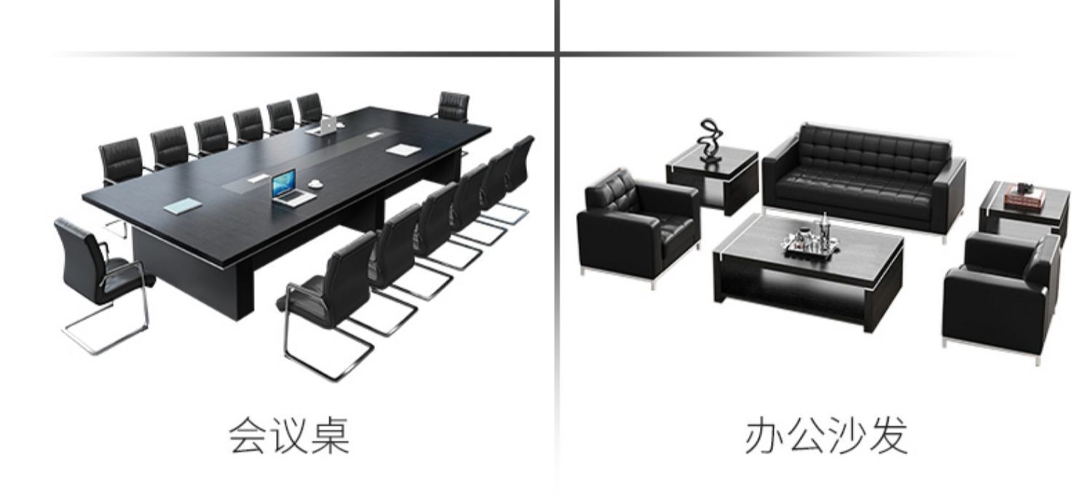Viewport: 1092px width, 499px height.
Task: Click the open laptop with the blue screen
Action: coord(285,186)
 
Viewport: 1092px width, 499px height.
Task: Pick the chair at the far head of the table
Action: coord(453,107)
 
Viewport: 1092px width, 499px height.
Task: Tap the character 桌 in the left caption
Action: coord(329,436)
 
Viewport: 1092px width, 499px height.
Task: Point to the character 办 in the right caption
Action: coord(764,436)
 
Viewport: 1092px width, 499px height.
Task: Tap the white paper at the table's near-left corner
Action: coord(180,206)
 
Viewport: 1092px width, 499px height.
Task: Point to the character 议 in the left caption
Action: coord(289,436)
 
